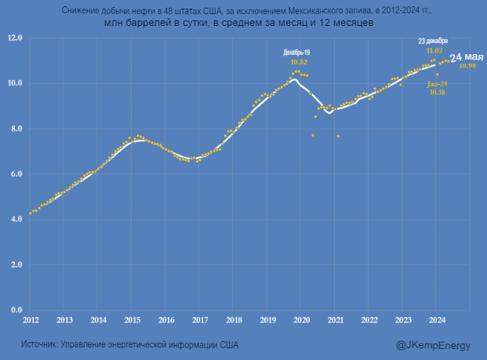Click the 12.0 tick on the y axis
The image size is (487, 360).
tap(15, 38)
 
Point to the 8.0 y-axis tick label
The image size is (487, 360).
tap(15, 129)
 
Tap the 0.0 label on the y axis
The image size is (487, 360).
tap(15, 310)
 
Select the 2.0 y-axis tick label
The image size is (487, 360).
tap(15, 265)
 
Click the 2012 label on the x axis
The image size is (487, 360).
tap(31, 320)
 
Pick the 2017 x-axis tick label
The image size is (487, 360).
tap(200, 320)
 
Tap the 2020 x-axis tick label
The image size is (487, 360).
tap(302, 320)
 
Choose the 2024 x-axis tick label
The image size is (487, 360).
tap(438, 320)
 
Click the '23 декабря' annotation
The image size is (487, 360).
tap(433, 40)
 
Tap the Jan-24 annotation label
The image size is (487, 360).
tap(437, 83)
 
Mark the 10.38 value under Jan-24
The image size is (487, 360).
tap(437, 93)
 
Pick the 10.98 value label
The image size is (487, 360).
tap(467, 66)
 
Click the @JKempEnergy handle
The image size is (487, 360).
tap(433, 344)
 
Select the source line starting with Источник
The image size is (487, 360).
tap(129, 344)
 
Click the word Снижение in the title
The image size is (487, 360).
tap(77, 11)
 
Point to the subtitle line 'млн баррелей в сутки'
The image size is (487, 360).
tap(238, 24)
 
